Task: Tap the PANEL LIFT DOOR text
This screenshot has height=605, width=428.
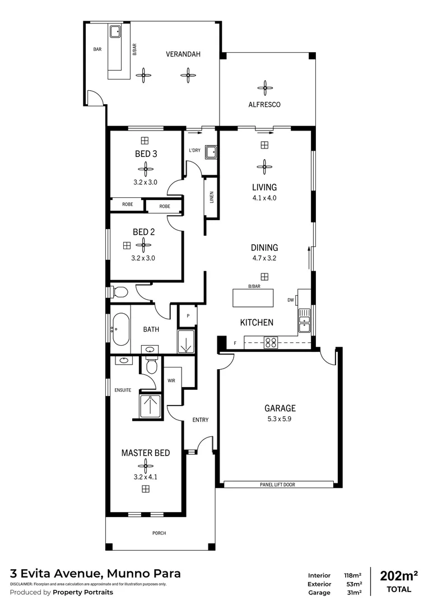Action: pos(277,485)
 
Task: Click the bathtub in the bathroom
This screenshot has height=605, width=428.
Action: pos(120,329)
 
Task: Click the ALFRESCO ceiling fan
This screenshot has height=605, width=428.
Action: pos(264,87)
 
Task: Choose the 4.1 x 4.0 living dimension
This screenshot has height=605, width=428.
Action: pos(264,198)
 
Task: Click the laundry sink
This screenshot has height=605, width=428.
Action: pos(211,152)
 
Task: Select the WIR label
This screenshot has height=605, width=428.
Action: pos(172,381)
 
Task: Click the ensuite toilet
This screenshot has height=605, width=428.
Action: pos(150,366)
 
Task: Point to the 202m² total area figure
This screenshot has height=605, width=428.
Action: pos(399,576)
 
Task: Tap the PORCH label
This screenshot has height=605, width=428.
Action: pos(159,533)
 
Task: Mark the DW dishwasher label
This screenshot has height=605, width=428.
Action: pos(291,300)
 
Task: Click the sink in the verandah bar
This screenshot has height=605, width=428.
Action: pos(115,31)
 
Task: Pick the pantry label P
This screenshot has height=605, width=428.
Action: pos(188,316)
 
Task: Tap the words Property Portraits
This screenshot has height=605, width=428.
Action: pos(83,592)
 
